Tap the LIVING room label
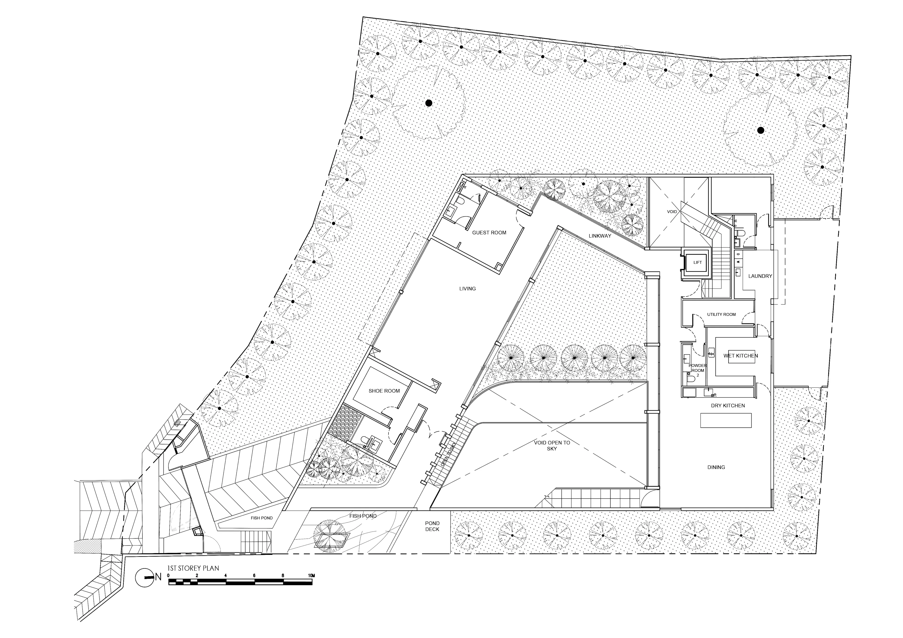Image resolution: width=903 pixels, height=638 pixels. pyautogui.click(x=467, y=289)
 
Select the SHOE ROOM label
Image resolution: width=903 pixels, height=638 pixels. pyautogui.click(x=384, y=391)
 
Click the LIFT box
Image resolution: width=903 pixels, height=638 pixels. pyautogui.click(x=697, y=262)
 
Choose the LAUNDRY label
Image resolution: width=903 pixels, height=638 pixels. pyautogui.click(x=760, y=276)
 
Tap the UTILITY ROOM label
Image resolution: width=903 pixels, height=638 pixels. pyautogui.click(x=721, y=314)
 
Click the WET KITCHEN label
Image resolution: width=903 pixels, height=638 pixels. pyautogui.click(x=741, y=356)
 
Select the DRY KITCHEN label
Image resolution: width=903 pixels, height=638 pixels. pyautogui.click(x=728, y=406)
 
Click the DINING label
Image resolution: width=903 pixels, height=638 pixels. pyautogui.click(x=716, y=467)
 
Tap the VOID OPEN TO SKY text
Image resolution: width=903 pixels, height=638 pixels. pyautogui.click(x=552, y=445)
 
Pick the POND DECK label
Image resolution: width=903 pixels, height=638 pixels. pyautogui.click(x=432, y=526)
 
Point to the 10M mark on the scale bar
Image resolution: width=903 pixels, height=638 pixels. pyautogui.click(x=312, y=575)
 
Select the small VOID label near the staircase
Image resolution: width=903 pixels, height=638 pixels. pyautogui.click(x=672, y=211)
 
